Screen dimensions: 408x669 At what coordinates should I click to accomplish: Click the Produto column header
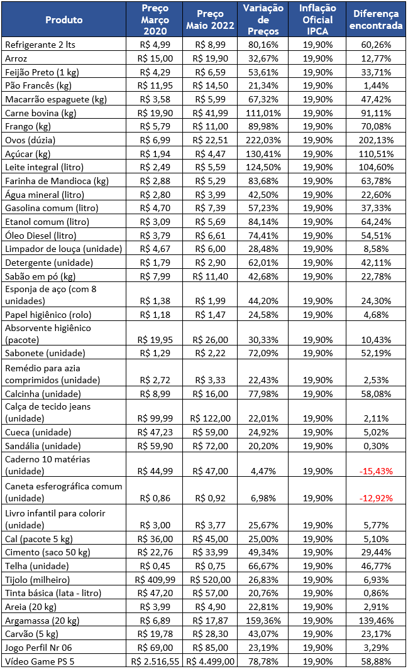64,19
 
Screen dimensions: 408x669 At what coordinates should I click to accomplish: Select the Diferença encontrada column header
376,19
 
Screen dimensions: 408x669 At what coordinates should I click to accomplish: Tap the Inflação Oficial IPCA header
317,19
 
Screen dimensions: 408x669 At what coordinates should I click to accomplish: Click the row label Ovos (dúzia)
30,140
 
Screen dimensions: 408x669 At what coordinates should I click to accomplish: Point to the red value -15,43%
376,472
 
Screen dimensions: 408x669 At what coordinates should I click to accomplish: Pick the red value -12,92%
376,498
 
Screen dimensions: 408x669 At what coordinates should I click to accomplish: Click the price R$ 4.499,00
211,661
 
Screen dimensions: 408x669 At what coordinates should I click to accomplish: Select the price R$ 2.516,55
155,661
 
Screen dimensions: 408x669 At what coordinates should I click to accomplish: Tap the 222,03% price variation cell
263,140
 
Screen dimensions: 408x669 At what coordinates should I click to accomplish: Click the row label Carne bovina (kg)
40,114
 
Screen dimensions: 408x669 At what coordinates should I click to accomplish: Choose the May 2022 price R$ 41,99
211,114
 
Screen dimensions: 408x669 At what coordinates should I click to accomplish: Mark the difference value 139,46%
376,621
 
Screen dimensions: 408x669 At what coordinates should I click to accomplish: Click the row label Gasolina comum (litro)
52,208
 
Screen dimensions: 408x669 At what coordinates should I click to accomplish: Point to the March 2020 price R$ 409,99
155,580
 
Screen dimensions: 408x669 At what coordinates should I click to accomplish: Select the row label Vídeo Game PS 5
40,661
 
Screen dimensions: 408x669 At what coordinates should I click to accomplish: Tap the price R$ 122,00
211,418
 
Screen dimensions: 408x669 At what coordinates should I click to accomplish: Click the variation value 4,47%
263,472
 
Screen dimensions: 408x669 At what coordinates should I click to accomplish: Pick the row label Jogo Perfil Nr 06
38,648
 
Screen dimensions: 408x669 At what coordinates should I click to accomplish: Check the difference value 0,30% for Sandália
376,446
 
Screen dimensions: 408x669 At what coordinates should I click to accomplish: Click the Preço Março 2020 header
155,19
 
